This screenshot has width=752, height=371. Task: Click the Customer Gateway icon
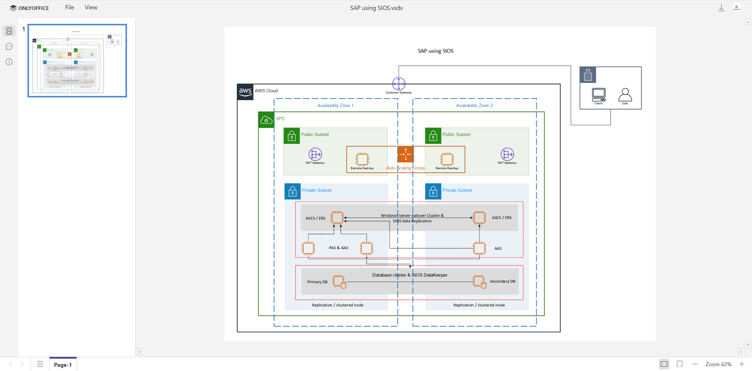[398, 84]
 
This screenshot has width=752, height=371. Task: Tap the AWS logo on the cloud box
[245, 92]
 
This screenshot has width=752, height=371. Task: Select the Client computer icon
[598, 95]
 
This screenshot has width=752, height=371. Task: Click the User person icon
[625, 95]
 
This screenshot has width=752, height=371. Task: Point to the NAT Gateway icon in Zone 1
[315, 154]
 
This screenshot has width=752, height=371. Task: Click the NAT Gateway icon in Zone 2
[507, 154]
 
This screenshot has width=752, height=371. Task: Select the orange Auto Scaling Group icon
[405, 154]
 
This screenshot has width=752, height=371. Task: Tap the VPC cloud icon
[266, 120]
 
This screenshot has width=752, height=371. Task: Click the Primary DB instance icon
[339, 281]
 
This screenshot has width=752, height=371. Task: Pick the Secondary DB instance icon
[479, 281]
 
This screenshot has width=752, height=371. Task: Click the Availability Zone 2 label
[474, 106]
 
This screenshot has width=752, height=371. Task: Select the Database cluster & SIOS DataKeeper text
[410, 275]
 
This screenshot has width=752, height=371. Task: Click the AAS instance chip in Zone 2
[479, 248]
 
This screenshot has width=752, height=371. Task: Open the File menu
[69, 8]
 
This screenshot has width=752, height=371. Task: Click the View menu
[91, 8]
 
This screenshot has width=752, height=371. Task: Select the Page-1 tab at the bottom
[63, 365]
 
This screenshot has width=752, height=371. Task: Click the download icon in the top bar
[721, 8]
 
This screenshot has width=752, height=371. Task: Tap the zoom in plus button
[742, 364]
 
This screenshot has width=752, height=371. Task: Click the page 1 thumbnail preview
[77, 61]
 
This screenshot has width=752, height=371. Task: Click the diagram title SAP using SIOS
[435, 51]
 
